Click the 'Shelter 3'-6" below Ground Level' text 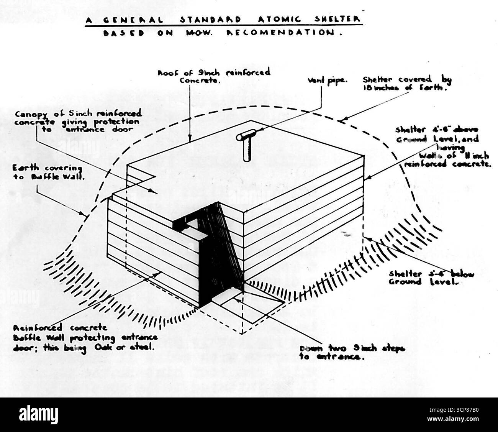(431, 278)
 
